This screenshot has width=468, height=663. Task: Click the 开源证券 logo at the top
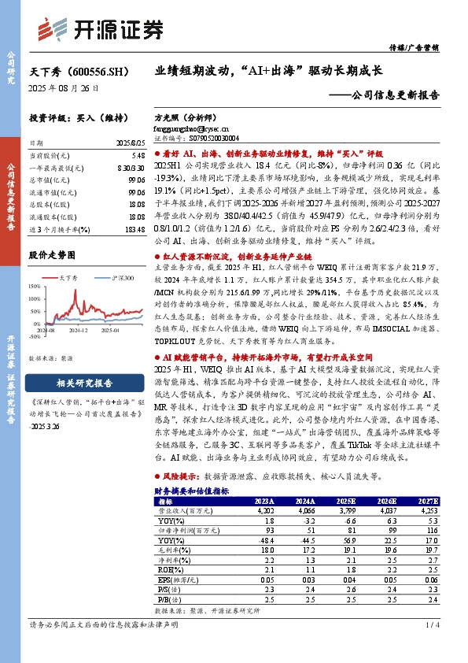(101, 28)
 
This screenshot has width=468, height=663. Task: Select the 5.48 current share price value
(137, 157)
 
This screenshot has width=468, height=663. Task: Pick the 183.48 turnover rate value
(133, 228)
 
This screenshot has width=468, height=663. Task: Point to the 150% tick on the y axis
(40, 287)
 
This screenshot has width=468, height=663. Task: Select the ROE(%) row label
(168, 569)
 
